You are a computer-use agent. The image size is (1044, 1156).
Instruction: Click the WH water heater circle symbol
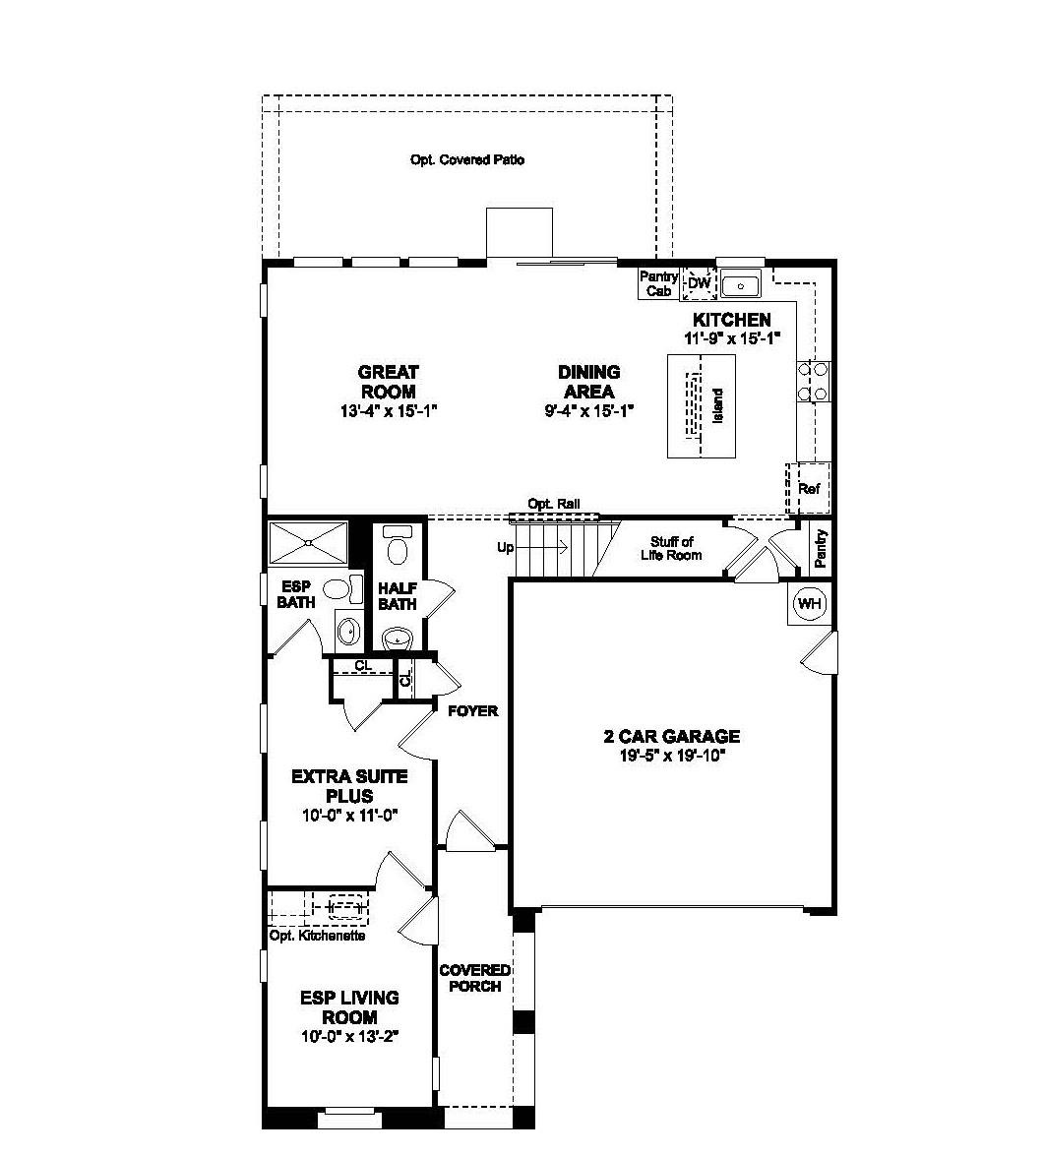click(809, 603)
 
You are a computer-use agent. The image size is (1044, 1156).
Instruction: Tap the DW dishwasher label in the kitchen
click(699, 284)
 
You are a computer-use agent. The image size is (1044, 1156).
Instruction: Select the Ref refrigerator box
click(809, 488)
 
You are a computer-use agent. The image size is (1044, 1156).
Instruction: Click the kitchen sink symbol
click(740, 285)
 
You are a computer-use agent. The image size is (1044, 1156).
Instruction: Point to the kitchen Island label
click(717, 406)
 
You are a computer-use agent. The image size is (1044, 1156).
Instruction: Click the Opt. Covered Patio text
click(467, 159)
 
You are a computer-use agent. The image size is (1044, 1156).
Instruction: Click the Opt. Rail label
click(554, 504)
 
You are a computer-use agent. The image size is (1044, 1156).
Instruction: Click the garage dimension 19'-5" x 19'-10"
click(671, 756)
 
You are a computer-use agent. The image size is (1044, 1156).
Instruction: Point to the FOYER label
click(473, 710)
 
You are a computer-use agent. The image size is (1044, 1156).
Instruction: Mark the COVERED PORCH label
click(475, 978)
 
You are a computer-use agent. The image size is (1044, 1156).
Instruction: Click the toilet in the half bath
click(399, 546)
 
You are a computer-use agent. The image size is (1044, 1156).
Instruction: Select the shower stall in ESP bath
click(308, 541)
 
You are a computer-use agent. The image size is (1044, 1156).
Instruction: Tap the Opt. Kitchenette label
click(317, 936)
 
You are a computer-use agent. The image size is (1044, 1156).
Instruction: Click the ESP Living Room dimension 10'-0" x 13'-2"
click(350, 1037)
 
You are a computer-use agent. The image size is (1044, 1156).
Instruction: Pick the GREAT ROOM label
click(388, 382)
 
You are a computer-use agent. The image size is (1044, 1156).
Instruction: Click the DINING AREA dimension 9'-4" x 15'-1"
click(588, 411)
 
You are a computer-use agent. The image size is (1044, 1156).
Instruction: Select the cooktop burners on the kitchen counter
click(817, 382)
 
